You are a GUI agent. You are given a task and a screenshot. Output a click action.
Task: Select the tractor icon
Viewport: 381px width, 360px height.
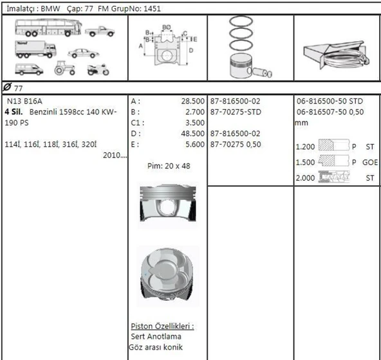[66, 67]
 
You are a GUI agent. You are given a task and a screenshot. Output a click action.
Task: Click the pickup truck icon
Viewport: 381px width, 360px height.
[99, 30]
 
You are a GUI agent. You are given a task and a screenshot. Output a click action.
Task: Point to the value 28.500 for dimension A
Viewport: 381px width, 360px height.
[193, 102]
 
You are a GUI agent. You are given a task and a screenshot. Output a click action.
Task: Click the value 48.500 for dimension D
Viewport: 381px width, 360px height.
[193, 133]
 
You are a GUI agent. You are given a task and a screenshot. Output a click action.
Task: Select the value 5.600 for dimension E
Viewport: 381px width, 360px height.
[194, 144]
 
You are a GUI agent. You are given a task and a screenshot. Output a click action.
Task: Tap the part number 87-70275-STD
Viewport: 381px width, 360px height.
[236, 112]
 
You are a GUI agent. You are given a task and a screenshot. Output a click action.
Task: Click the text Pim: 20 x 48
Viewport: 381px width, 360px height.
[168, 166]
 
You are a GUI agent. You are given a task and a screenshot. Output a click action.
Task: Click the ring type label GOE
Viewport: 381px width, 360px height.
[369, 162]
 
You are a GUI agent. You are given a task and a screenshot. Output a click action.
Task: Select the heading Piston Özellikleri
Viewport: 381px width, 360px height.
[162, 326]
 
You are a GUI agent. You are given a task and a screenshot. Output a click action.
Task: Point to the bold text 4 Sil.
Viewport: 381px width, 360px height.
[15, 112]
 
